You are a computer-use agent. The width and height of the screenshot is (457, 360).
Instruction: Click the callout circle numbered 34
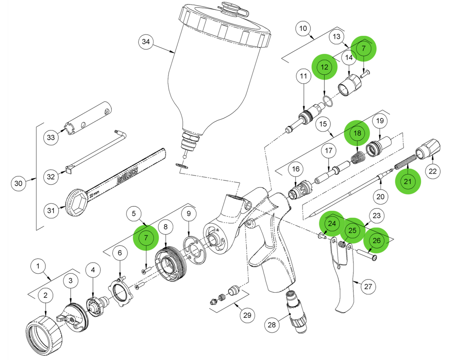tap(146, 42)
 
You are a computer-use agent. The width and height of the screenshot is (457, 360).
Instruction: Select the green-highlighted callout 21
tap(407, 182)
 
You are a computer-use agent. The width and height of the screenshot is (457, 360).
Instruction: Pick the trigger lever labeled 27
tap(344, 286)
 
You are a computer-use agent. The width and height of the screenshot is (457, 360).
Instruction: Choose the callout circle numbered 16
tap(295, 170)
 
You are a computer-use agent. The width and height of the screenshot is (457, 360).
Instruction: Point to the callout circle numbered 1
tap(38, 266)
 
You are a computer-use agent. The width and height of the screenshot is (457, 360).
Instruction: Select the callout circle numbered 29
tap(247, 315)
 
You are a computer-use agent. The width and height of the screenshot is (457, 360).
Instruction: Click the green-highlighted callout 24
tap(331, 223)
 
